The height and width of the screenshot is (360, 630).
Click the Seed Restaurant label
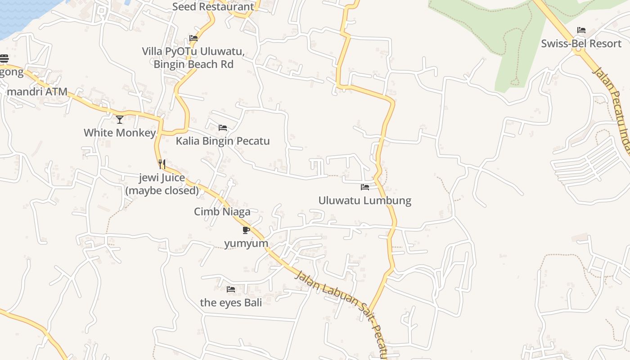coord(213,7)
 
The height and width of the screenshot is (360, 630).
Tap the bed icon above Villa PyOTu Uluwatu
coord(193,38)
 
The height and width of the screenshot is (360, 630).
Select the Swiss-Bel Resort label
coord(581,44)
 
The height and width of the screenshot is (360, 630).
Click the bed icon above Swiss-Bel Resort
coord(581,30)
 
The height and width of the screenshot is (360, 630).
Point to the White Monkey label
coord(120,133)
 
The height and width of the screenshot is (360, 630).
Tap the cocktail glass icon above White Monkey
coord(120,119)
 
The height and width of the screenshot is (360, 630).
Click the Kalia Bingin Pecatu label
coord(223,141)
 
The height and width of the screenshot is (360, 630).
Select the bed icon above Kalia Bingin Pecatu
coord(223,128)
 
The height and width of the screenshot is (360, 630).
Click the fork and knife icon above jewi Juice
coord(162,164)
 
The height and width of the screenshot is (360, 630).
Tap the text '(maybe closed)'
coord(162,190)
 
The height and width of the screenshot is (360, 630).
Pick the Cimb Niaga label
coord(222,211)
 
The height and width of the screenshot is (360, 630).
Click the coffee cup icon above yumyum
coord(246,230)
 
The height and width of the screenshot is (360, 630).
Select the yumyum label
coord(246,243)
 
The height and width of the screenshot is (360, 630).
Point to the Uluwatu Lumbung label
coord(365,200)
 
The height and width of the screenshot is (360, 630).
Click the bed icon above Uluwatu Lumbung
coord(365,187)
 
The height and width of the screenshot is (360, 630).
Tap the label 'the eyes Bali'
coord(231,302)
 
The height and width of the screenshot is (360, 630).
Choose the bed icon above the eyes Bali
coord(231,289)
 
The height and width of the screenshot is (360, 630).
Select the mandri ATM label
coord(37,92)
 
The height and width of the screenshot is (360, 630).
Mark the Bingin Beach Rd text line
coord(193,64)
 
